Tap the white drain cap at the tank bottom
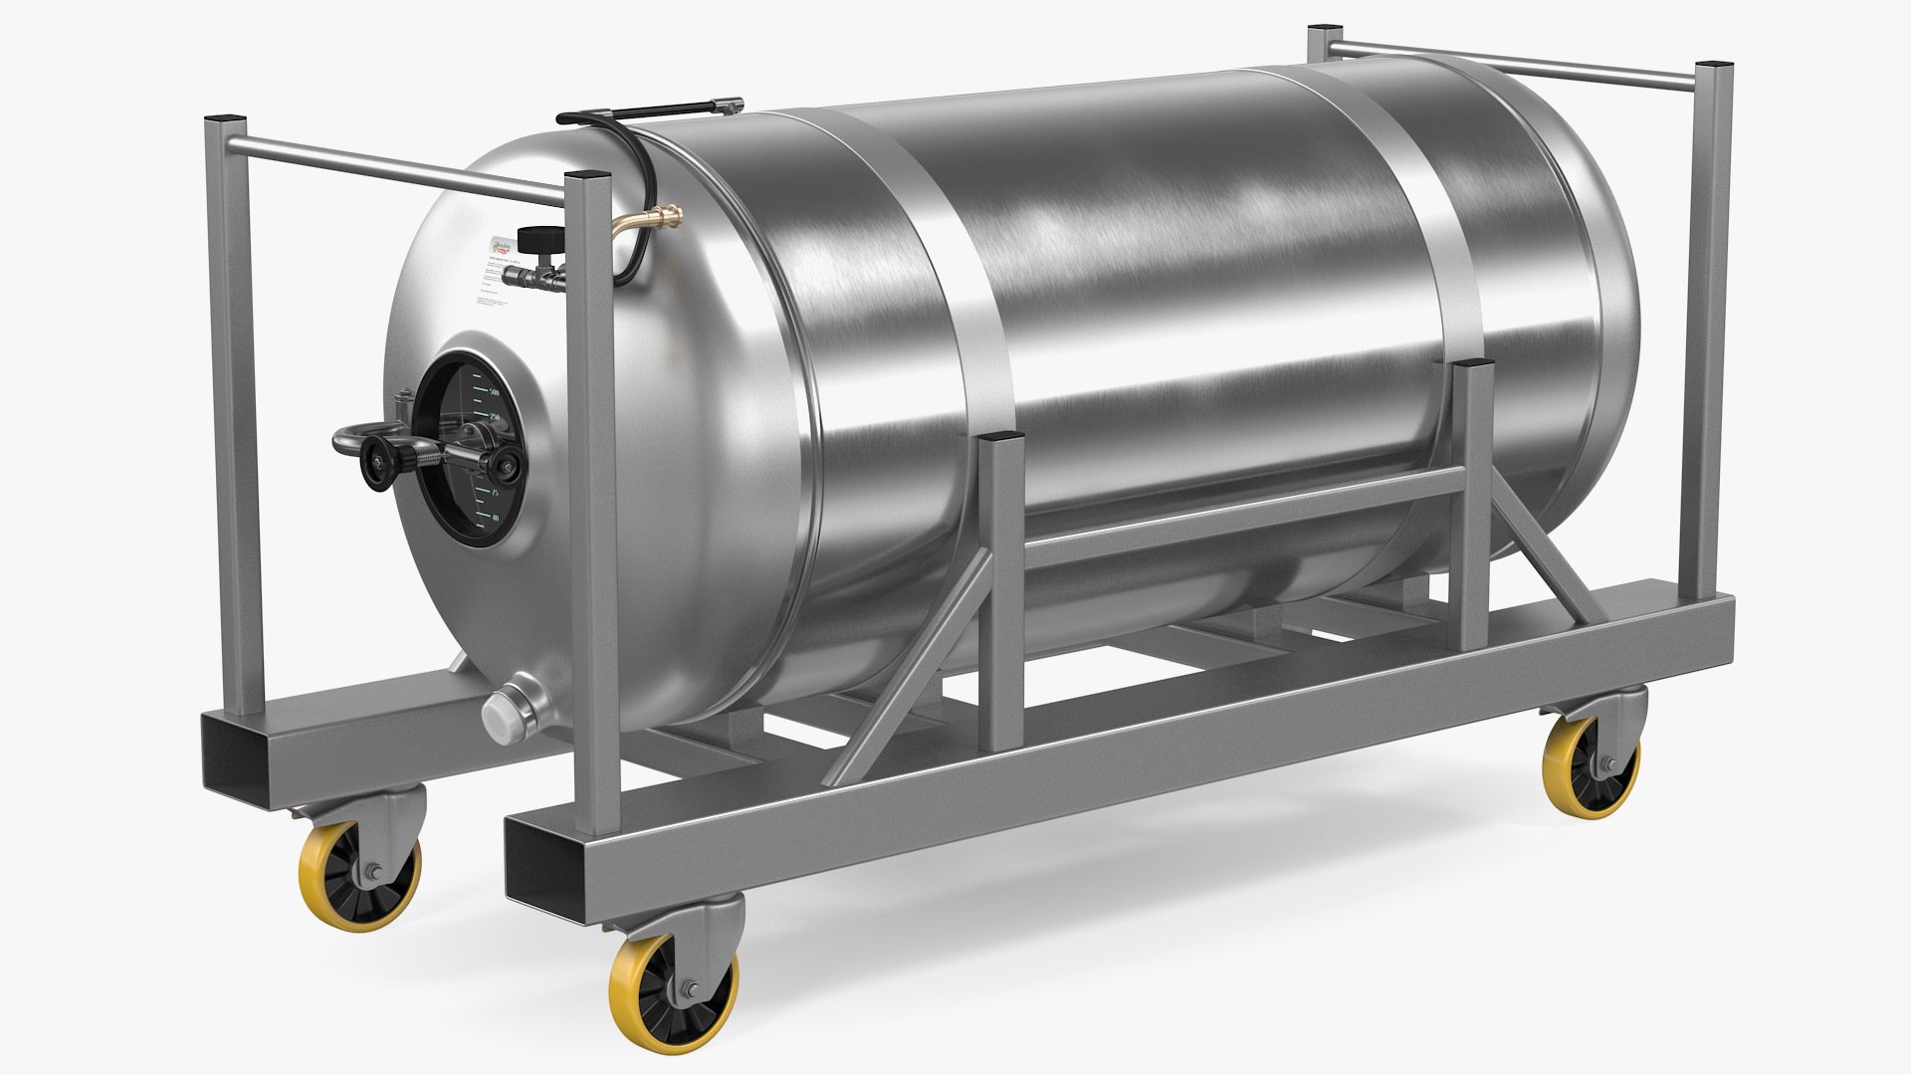[497, 713]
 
